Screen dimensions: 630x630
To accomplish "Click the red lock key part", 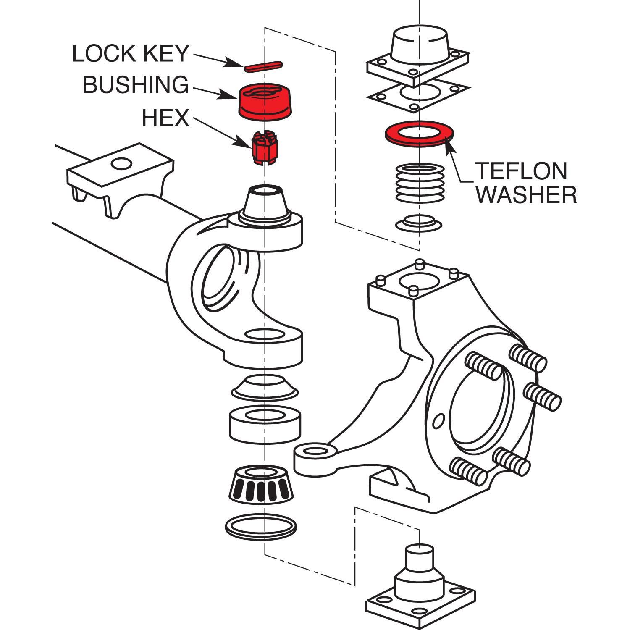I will [263, 66].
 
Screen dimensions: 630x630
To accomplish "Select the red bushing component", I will [265, 102].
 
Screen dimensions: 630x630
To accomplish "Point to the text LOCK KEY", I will [131, 54].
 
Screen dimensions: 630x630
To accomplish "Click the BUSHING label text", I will [136, 85].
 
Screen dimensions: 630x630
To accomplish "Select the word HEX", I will [165, 118].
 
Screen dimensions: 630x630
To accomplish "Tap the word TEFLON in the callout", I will [521, 171].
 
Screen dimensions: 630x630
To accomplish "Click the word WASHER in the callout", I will [527, 195].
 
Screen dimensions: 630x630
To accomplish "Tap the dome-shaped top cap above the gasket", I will [420, 44].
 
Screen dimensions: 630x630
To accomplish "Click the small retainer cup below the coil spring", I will [419, 223].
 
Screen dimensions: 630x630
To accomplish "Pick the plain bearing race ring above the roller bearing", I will [265, 424].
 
